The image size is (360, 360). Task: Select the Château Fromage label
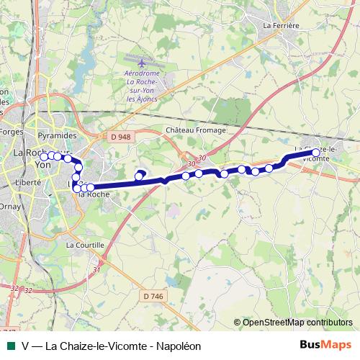tap(196, 130)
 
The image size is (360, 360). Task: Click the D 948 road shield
tap(121, 136)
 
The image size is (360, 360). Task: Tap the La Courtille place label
tap(85, 245)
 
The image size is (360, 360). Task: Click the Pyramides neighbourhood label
tap(57, 135)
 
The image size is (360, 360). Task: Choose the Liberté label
tap(26, 183)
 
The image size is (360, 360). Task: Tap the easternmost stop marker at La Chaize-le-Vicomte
tap(315, 153)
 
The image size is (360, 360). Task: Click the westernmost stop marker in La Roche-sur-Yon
tap(43, 156)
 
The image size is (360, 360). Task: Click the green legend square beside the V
tap(10, 346)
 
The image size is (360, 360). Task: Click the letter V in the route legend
tap(25, 346)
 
